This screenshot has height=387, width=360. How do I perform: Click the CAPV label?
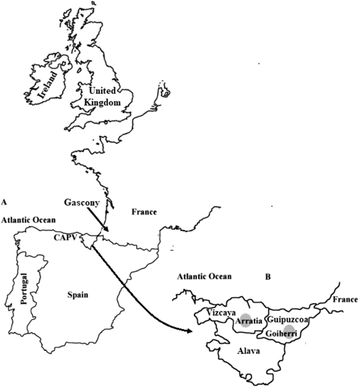click(66, 237)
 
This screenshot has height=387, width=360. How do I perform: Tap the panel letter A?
click(4, 201)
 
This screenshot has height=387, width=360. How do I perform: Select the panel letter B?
click(268, 277)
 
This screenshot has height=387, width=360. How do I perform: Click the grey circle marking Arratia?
click(243, 321)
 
